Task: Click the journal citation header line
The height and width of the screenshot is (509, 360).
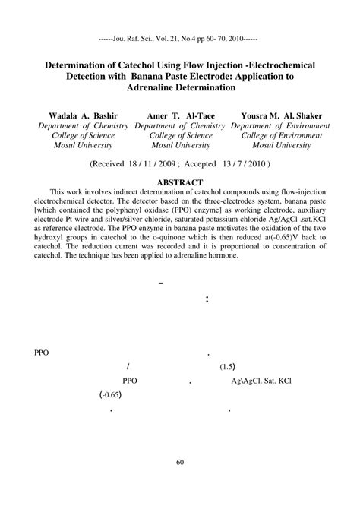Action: [x=179, y=36]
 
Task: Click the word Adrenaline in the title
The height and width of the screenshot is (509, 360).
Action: [x=157, y=88]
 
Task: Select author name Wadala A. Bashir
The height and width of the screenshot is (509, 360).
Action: [x=73, y=115]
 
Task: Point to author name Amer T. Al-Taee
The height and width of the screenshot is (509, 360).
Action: [x=179, y=115]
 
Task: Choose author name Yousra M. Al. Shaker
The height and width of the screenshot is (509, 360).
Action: [x=282, y=115]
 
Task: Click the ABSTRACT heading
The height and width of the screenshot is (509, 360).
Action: [x=179, y=182]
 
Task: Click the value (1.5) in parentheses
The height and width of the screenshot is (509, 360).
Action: [x=228, y=367]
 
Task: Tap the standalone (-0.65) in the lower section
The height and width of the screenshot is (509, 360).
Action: [x=110, y=395]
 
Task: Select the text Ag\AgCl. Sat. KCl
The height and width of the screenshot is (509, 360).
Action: [x=267, y=381]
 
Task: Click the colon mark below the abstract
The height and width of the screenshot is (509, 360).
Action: [x=207, y=299]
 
